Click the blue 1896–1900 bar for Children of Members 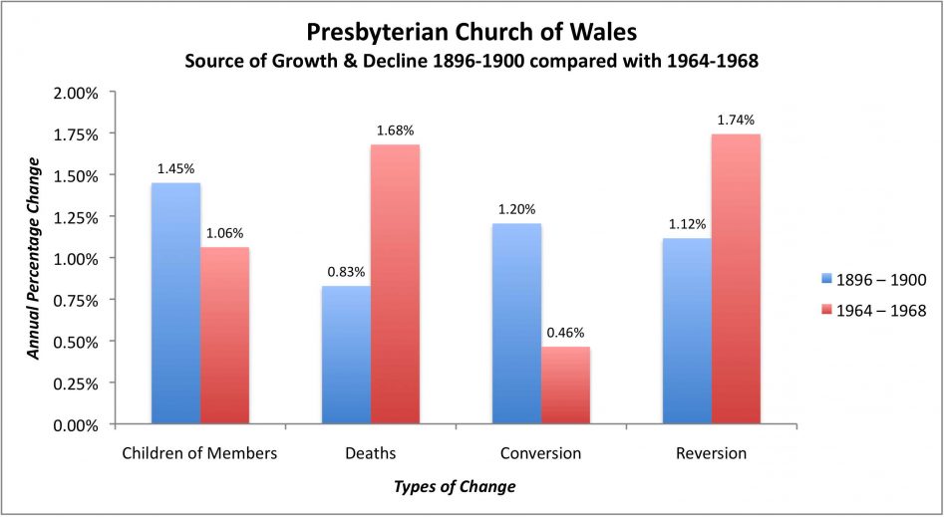tap(175, 304)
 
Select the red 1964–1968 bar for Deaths tap(395, 284)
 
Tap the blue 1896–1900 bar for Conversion tap(516, 324)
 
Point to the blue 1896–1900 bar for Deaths tap(346, 355)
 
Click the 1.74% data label tap(736, 120)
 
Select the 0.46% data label tap(565, 333)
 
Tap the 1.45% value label tap(175, 169)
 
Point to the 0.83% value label tap(346, 272)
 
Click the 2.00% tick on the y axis tap(76, 93)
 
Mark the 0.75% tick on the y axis tap(76, 300)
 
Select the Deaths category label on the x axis tap(370, 453)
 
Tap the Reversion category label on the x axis tap(711, 453)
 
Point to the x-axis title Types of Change tap(455, 487)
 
